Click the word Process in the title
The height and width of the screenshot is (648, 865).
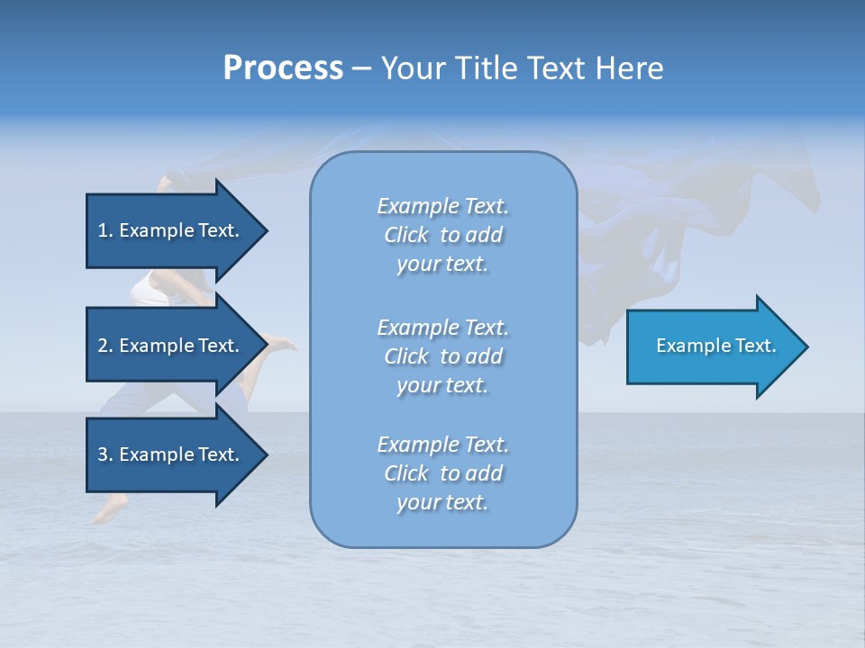[x=283, y=68]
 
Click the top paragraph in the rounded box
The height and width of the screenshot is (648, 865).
[x=442, y=235]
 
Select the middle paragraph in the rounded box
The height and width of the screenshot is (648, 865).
[x=442, y=355]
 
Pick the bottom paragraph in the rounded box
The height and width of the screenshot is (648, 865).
[x=442, y=473]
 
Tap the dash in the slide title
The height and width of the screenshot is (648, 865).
[x=361, y=69]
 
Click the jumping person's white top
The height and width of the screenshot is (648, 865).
[x=150, y=290]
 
